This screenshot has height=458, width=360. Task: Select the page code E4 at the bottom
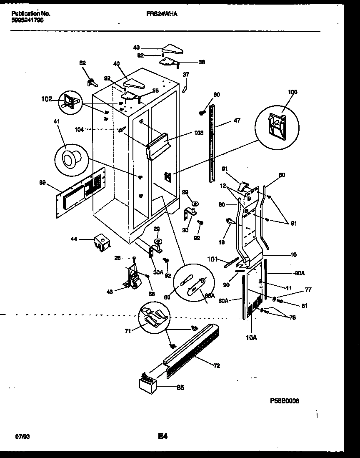pyautogui.click(x=163, y=436)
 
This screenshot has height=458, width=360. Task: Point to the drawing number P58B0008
pyautogui.click(x=285, y=401)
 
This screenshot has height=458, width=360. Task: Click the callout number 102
pyautogui.click(x=47, y=99)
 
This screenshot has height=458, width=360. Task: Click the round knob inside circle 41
pyautogui.click(x=68, y=158)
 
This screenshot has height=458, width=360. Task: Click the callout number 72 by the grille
pyautogui.click(x=217, y=366)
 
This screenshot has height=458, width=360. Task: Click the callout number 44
pyautogui.click(x=74, y=239)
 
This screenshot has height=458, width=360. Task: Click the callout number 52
pyautogui.click(x=82, y=63)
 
